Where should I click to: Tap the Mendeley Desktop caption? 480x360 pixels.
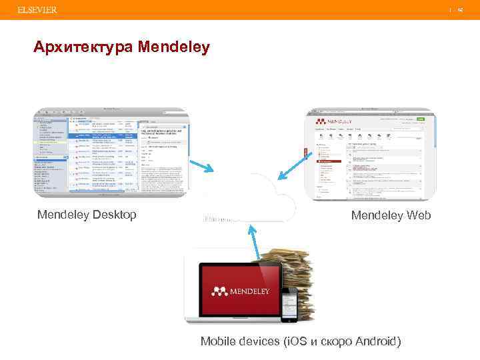(x=87, y=214)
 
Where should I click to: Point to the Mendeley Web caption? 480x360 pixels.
(x=391, y=215)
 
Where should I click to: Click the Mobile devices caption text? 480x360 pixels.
(x=301, y=341)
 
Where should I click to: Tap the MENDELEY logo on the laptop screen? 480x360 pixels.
(x=241, y=291)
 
